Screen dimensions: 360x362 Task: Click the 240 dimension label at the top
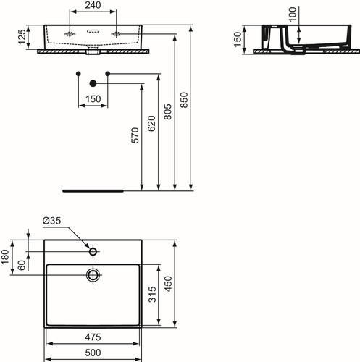(x=93, y=5)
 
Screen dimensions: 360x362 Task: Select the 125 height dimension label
(x=22, y=37)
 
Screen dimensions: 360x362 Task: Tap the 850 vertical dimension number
(x=184, y=100)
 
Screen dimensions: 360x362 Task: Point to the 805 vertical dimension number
(x=167, y=111)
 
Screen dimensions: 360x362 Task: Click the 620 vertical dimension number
(x=151, y=124)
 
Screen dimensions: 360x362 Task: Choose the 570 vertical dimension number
(x=135, y=135)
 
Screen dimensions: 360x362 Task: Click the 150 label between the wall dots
(x=93, y=99)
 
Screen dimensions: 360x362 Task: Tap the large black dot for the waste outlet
(x=93, y=83)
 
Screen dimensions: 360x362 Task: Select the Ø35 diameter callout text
(x=51, y=221)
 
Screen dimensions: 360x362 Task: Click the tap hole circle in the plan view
(x=93, y=251)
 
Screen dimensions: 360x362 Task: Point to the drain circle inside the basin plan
(x=93, y=274)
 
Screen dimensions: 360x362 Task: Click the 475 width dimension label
(x=93, y=337)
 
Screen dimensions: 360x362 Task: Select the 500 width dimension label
(x=93, y=353)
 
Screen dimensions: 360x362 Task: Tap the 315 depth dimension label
(x=152, y=295)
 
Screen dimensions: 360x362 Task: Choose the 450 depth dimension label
(x=168, y=284)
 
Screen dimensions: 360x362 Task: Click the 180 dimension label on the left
(x=5, y=257)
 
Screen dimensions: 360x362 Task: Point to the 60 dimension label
(x=22, y=265)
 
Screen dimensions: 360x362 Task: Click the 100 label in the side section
(x=293, y=14)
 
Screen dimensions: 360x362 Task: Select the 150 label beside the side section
(x=238, y=39)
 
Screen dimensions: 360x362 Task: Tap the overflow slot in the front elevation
(x=93, y=31)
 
